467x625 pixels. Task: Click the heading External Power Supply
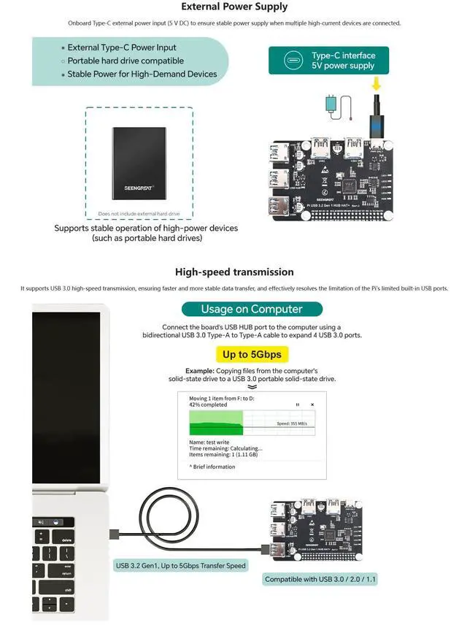233,7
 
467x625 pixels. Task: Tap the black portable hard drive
139,163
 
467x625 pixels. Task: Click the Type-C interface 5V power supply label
328,61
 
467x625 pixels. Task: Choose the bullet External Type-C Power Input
122,47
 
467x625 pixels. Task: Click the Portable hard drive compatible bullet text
126,61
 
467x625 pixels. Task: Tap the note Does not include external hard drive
139,214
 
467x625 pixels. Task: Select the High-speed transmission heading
233,272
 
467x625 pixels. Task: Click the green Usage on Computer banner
251,309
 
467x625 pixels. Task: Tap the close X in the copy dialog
312,404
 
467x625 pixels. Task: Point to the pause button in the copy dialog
297,404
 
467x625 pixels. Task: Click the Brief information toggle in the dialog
212,467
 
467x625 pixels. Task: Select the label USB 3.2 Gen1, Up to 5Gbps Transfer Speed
181,566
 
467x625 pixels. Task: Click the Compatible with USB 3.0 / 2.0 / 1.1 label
321,580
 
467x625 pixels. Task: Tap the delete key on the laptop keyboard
66,541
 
